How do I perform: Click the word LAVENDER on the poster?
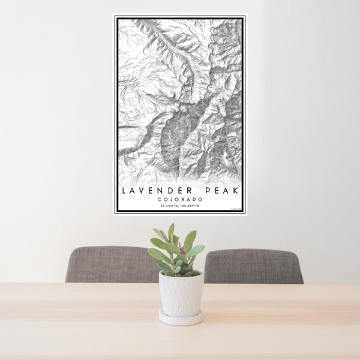point(154,191)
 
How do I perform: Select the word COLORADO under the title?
point(180,200)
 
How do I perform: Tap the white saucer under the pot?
point(181,318)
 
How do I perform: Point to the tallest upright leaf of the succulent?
point(171,232)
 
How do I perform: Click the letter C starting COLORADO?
point(160,200)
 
